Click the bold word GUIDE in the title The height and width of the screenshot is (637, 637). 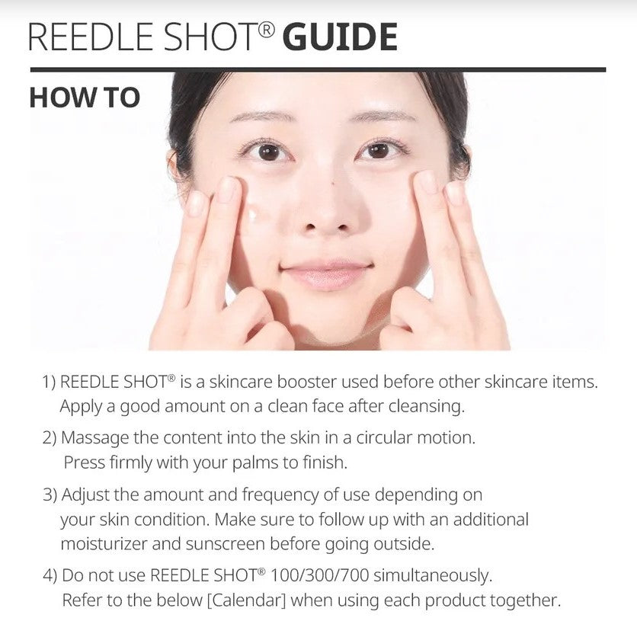tap(340, 37)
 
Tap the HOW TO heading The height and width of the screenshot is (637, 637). tap(84, 98)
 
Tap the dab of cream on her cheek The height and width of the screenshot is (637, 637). tap(251, 216)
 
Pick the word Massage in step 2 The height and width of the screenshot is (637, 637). tap(91, 438)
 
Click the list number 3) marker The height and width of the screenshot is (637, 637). tap(50, 495)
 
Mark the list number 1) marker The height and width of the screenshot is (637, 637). tap(49, 380)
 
